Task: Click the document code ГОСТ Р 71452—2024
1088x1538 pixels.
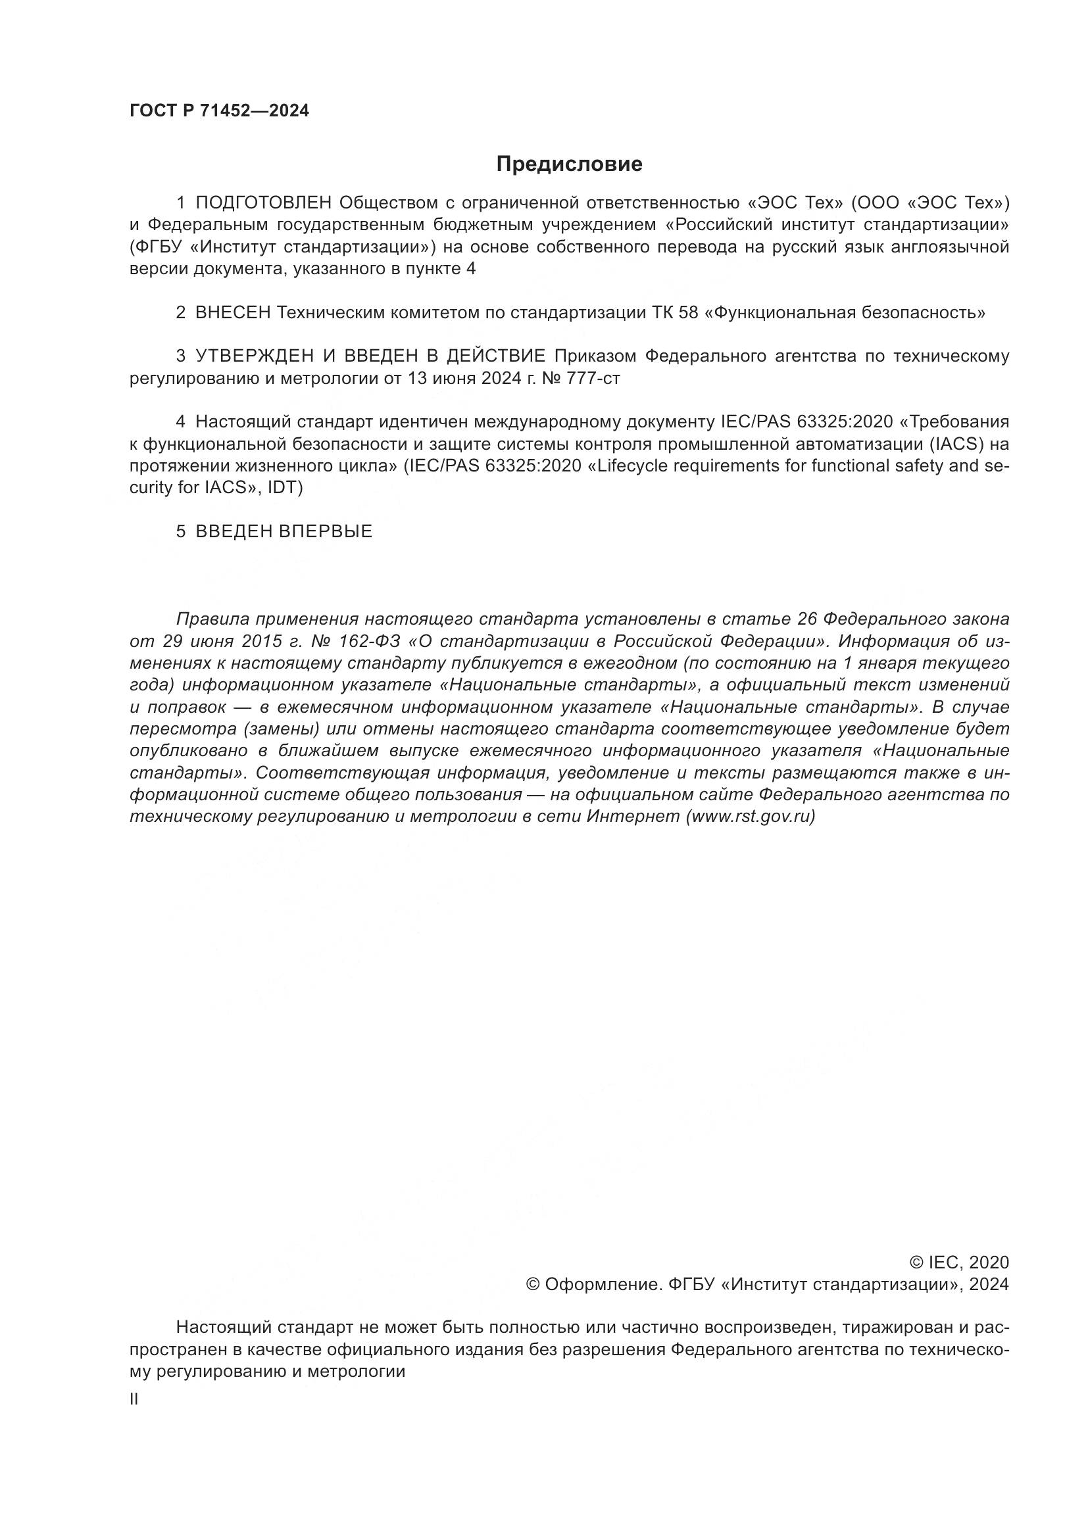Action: (x=219, y=111)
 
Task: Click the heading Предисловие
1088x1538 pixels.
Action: (x=569, y=164)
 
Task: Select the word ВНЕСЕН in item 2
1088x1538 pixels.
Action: (x=232, y=313)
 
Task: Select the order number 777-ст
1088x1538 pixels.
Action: (x=592, y=379)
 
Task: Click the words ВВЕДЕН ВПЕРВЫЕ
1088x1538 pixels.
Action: (x=284, y=532)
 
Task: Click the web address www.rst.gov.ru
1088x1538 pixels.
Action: (x=751, y=817)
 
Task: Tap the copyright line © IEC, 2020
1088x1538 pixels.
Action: (x=958, y=1262)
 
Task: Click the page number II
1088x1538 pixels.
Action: (x=134, y=1399)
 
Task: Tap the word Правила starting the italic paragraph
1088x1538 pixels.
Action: (x=212, y=619)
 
